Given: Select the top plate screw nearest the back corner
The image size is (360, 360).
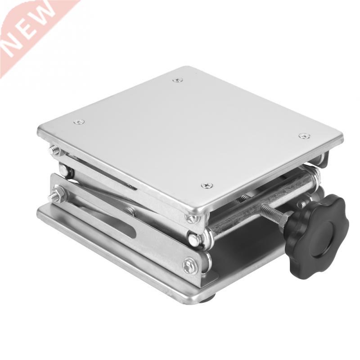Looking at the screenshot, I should point(178,80).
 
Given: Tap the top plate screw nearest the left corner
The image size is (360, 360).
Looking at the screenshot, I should point(79,121).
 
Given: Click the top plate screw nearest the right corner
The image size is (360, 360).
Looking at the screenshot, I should point(304,135).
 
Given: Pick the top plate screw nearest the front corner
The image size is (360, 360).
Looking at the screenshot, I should point(207,185).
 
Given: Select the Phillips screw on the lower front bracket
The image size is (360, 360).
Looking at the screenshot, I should point(189,265).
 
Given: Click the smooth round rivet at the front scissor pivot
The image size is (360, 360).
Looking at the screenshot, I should point(194,240).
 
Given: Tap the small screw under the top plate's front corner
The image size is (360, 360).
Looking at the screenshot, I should point(193,219).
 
